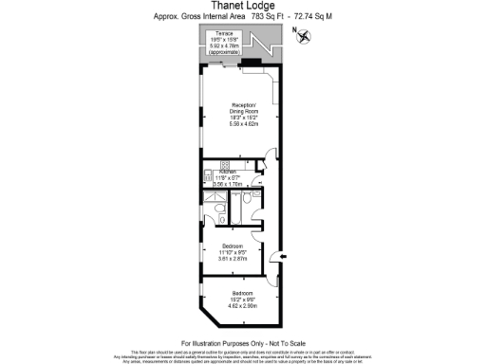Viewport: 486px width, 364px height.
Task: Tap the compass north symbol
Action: pos(303,36)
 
